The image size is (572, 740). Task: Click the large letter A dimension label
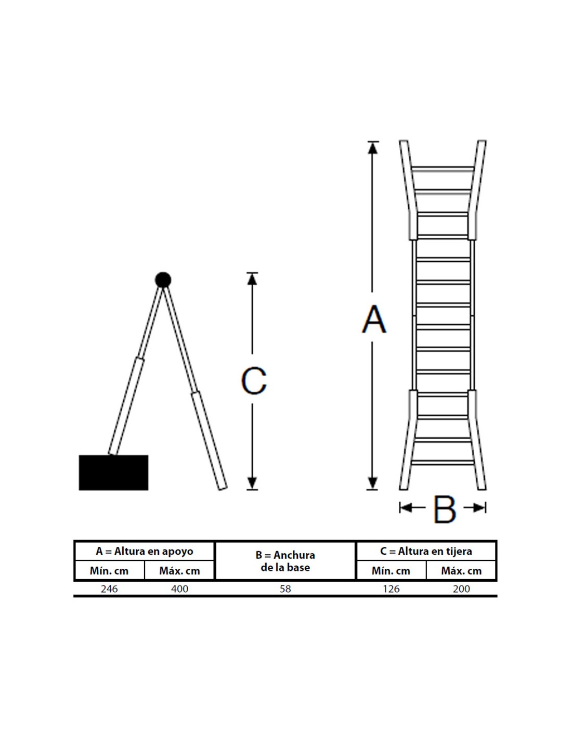tap(374, 319)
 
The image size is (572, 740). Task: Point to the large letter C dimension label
tap(254, 381)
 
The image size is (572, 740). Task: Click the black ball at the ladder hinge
tap(163, 280)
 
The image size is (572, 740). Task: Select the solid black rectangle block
tap(114, 473)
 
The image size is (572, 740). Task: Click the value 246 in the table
tap(109, 589)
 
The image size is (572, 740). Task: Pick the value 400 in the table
tap(180, 589)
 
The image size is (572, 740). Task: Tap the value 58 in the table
tap(285, 589)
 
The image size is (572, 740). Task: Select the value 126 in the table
tap(391, 589)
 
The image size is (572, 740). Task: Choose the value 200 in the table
tap(461, 589)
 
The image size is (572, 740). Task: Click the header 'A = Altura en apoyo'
tap(144, 551)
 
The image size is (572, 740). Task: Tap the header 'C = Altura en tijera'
tap(426, 551)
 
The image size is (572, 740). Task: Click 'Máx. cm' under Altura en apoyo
tap(180, 571)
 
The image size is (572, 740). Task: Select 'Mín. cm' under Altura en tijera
tap(391, 571)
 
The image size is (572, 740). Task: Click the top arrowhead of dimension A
tap(373, 147)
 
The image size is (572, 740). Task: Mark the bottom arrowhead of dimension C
tap(252, 483)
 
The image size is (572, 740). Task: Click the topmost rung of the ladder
tap(443, 169)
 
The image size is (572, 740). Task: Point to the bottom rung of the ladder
tap(443, 463)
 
